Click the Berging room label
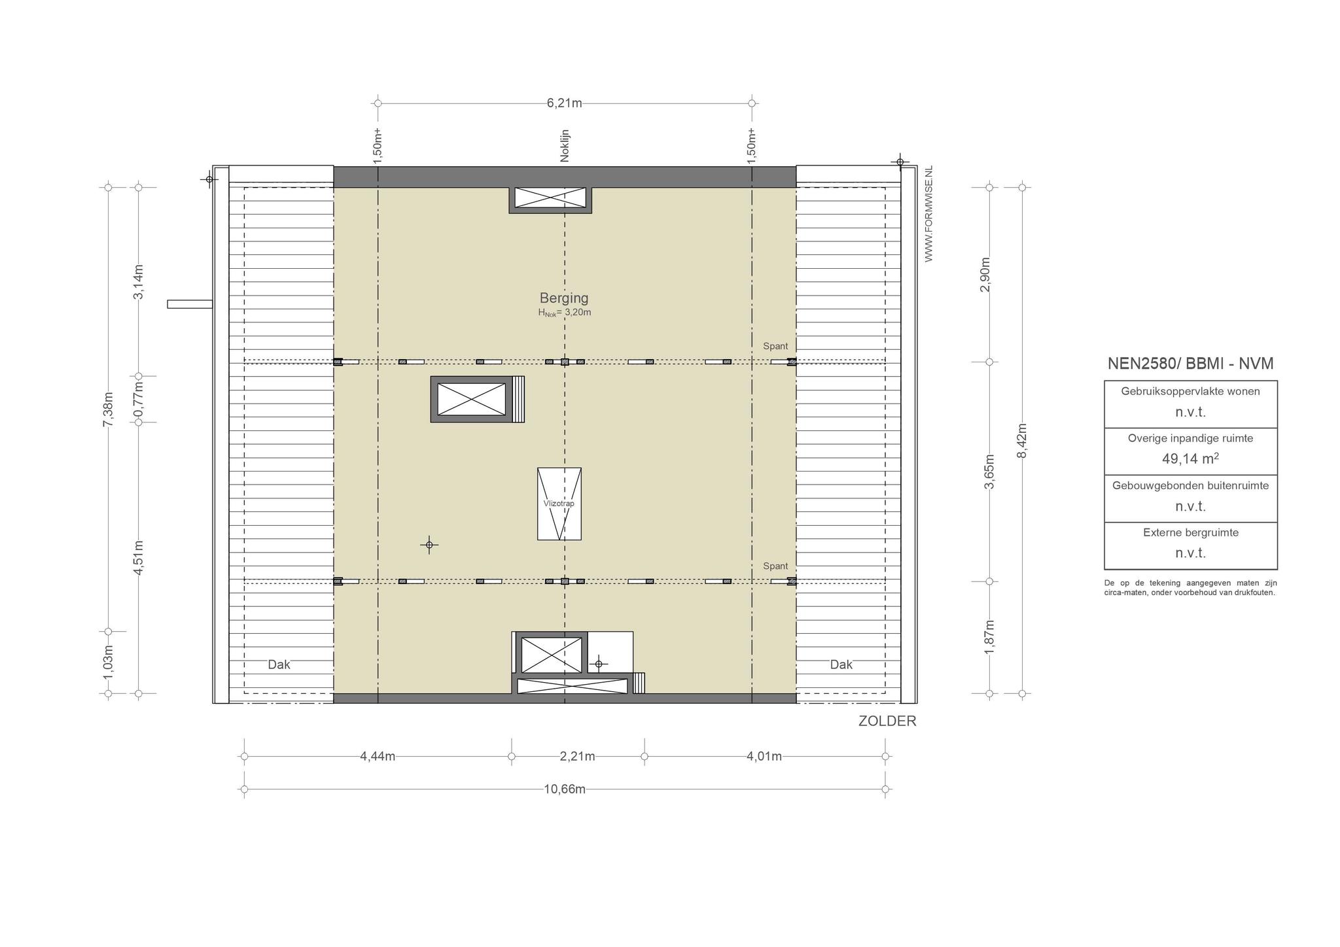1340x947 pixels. click(x=564, y=298)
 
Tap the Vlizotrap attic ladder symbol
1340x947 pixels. click(x=559, y=504)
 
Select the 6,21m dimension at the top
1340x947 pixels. click(x=564, y=103)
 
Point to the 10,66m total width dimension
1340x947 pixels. click(x=565, y=789)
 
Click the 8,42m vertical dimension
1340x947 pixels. click(x=1022, y=441)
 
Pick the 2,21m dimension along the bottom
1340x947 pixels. click(x=578, y=757)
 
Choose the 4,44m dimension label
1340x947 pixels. click(x=378, y=757)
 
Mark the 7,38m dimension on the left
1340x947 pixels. click(x=109, y=409)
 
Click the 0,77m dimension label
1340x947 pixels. click(x=139, y=399)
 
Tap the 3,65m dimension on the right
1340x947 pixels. click(x=989, y=472)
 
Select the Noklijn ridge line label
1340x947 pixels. click(x=565, y=145)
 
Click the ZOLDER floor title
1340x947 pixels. click(x=887, y=721)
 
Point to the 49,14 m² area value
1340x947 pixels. click(x=1190, y=458)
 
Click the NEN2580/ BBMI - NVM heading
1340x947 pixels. click(x=1190, y=364)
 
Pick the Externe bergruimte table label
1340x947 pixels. click(x=1191, y=532)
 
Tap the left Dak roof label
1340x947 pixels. click(x=279, y=664)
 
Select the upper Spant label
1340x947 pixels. click(x=775, y=346)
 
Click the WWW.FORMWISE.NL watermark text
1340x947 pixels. click(x=928, y=214)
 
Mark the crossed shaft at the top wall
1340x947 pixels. click(x=550, y=198)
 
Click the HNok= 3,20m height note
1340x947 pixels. click(x=565, y=313)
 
